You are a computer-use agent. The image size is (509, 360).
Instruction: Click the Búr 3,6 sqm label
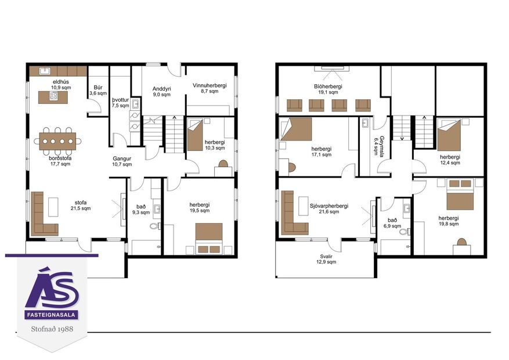(x=98, y=91)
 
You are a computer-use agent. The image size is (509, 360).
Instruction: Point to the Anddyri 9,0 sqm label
(x=161, y=91)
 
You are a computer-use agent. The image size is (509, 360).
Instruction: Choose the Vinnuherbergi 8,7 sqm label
(x=210, y=88)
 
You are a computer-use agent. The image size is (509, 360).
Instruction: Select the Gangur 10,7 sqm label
(x=122, y=161)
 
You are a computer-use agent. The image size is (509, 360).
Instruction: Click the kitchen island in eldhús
(x=53, y=98)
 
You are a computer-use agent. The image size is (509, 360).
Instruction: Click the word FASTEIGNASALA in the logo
(x=52, y=315)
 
